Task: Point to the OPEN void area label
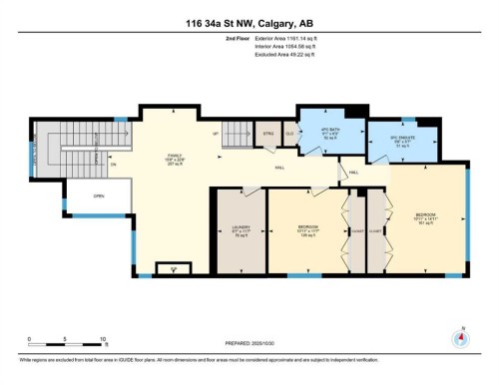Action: pyautogui.click(x=99, y=195)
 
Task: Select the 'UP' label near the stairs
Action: pyautogui.click(x=215, y=134)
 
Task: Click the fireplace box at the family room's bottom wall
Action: pyautogui.click(x=176, y=268)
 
